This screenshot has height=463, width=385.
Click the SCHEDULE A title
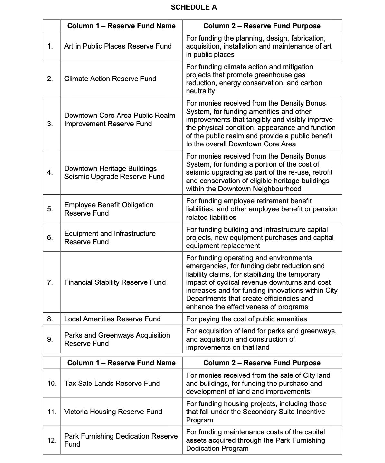(194, 7)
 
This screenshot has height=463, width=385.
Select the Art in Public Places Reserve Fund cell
(118, 46)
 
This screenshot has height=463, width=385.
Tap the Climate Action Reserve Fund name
(110, 79)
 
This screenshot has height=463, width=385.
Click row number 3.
(50, 124)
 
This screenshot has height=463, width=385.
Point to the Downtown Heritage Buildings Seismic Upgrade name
(114, 172)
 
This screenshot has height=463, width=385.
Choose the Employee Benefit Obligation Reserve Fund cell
(109, 209)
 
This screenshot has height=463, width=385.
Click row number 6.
(50, 237)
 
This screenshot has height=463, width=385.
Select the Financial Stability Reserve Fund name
(115, 282)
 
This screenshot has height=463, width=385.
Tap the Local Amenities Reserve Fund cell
(112, 319)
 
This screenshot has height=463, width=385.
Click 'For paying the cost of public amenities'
(246, 319)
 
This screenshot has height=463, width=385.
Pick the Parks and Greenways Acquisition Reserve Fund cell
(117, 339)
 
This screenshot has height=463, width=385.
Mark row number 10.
(52, 383)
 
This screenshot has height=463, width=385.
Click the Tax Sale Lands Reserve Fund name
(112, 383)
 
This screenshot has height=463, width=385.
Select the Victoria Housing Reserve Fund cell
(113, 412)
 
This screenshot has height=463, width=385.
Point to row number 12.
(52, 440)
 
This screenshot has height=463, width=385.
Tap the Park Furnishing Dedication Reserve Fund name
(120, 440)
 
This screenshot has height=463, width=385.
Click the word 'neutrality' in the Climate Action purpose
(200, 91)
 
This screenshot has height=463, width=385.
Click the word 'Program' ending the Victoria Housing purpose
(199, 420)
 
